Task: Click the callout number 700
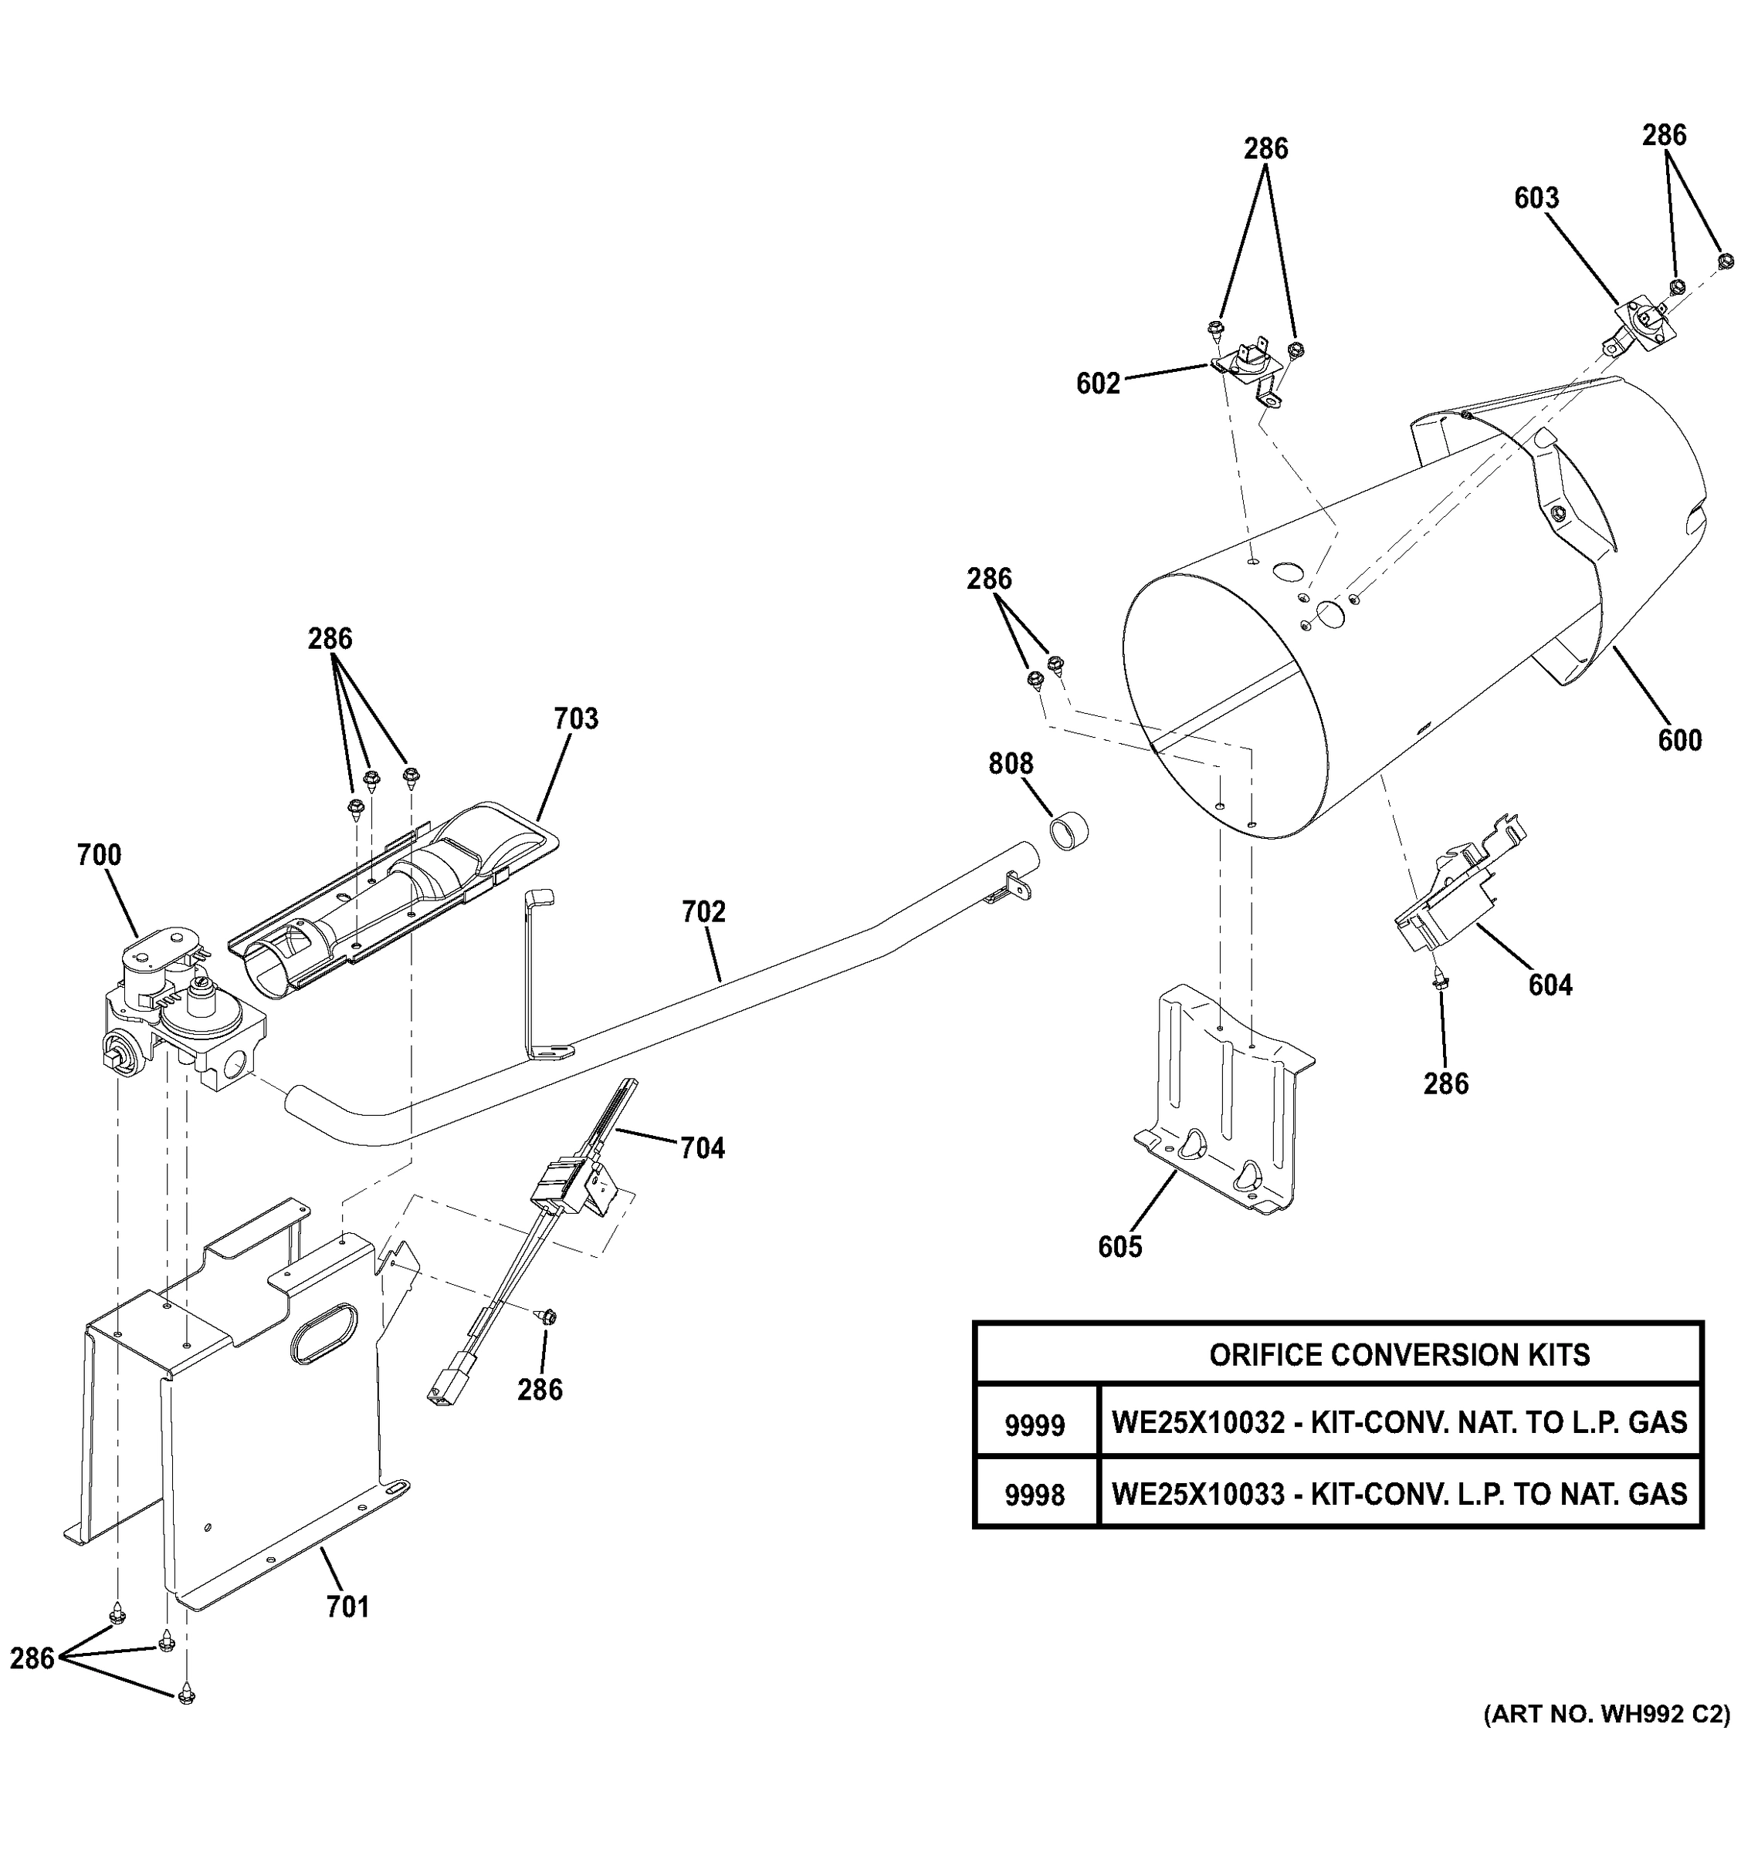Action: [x=99, y=854]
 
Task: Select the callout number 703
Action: [x=575, y=718]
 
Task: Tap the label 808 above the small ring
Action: [x=1011, y=764]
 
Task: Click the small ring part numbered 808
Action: [x=1070, y=829]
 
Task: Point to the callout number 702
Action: [x=703, y=911]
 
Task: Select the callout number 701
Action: [x=347, y=1607]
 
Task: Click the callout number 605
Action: [x=1119, y=1246]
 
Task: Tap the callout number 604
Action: [x=1550, y=985]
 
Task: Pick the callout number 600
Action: [x=1679, y=741]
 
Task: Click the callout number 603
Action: [x=1536, y=198]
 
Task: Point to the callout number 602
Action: [x=1098, y=384]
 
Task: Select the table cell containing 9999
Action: [x=1035, y=1425]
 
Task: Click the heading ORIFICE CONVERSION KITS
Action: [x=1399, y=1354]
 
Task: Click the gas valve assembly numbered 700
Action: [x=181, y=1016]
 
